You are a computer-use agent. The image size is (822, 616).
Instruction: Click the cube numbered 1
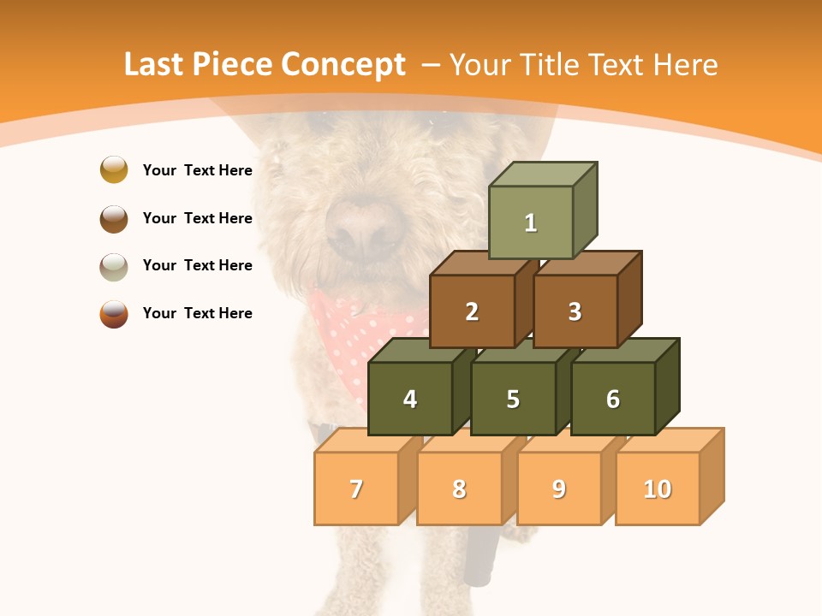pos(531,222)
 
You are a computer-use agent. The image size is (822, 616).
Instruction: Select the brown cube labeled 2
pos(472,311)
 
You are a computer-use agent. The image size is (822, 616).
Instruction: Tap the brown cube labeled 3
pos(575,311)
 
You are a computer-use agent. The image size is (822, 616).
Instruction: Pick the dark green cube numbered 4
pos(410,399)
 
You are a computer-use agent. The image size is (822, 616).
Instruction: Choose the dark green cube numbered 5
pos(513,399)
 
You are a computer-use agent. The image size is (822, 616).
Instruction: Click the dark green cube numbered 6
pos(613,399)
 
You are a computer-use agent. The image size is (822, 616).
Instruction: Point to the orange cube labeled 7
pos(356,489)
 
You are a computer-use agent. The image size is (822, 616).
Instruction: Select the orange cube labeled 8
pos(459,489)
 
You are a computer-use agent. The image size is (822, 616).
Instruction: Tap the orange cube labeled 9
pos(559,489)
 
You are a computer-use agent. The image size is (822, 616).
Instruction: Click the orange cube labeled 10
pos(658,489)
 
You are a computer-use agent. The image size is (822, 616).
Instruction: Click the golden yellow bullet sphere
pos(114,169)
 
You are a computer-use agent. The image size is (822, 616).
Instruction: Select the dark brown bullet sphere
pos(114,218)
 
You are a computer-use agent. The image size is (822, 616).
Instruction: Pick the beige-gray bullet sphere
pos(114,266)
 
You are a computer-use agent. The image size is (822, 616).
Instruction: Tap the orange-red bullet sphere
pos(114,314)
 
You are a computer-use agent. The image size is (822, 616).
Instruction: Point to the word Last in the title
pos(155,65)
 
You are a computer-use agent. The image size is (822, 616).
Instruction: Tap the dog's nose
pos(364,228)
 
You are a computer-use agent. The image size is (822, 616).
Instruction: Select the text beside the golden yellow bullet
pos(197,170)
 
